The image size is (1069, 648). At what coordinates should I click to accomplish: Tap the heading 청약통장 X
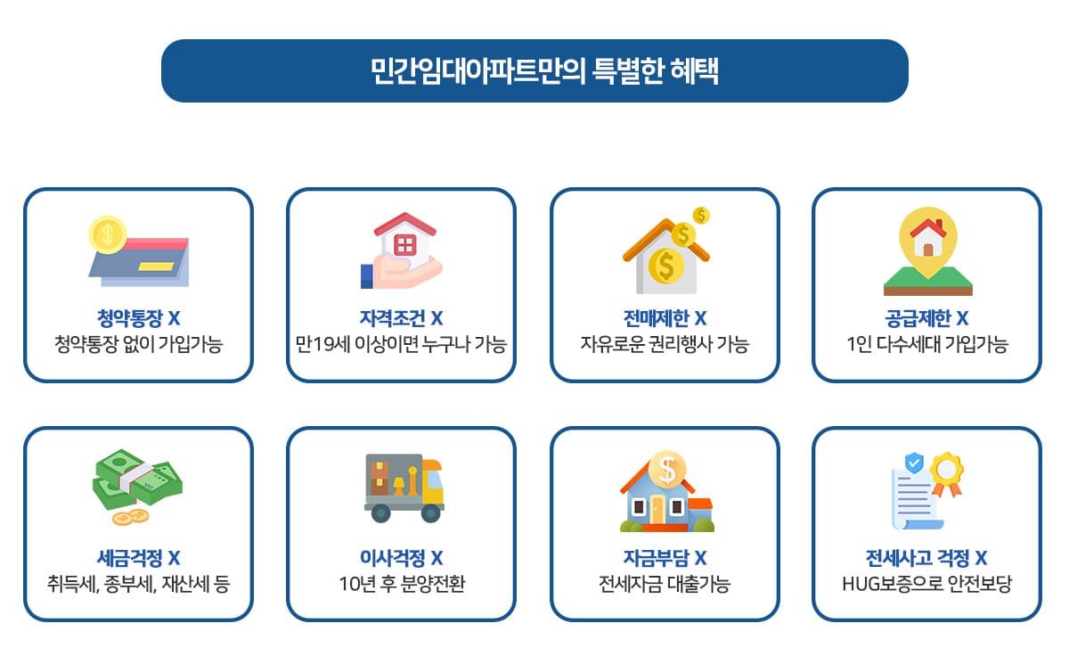click(x=138, y=318)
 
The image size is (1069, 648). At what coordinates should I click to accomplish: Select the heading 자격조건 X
click(x=401, y=318)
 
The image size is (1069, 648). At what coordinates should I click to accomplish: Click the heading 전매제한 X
click(x=665, y=318)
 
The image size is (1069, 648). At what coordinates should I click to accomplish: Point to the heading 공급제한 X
click(x=926, y=318)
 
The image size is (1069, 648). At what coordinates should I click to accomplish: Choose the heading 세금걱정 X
click(x=138, y=559)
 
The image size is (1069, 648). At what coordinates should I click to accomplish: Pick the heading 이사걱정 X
click(x=401, y=559)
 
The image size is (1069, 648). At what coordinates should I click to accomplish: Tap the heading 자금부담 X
click(x=665, y=559)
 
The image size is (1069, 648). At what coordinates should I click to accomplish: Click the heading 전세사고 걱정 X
click(x=926, y=559)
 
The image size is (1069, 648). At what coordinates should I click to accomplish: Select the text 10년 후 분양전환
click(x=401, y=585)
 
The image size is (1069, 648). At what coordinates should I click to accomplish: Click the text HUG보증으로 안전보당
click(x=926, y=585)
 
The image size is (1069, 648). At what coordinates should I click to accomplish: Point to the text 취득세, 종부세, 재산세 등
click(x=138, y=585)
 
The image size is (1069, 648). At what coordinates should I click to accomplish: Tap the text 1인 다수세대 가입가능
click(x=926, y=344)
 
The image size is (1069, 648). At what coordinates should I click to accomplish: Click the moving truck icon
click(x=404, y=488)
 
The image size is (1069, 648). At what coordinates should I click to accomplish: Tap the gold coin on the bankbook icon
click(x=107, y=234)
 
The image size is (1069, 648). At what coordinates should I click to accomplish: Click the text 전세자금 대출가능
click(x=665, y=585)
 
